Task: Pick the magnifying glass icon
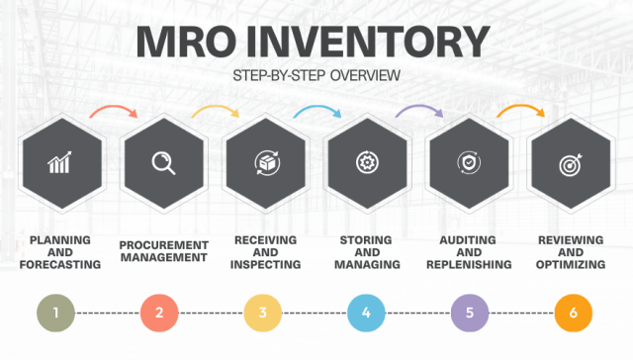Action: [x=162, y=163]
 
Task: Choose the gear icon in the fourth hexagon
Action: [x=366, y=163]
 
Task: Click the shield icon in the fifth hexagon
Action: [x=468, y=163]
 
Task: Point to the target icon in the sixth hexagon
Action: [x=571, y=163]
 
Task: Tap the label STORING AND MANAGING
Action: [x=366, y=252]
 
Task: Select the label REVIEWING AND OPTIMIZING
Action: [x=573, y=252]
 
